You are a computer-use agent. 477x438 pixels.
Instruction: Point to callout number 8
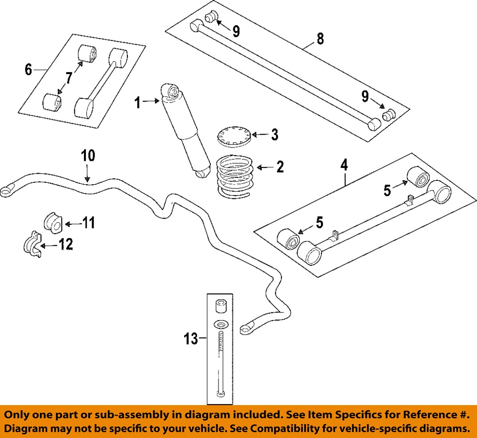(320, 38)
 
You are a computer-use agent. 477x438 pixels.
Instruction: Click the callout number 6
(29, 70)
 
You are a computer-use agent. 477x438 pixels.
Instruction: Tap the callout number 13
(190, 339)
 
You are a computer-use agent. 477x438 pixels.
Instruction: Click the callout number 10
(88, 156)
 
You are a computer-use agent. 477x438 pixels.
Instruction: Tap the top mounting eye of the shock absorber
(171, 90)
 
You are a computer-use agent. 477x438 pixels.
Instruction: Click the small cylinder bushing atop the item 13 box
(220, 305)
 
